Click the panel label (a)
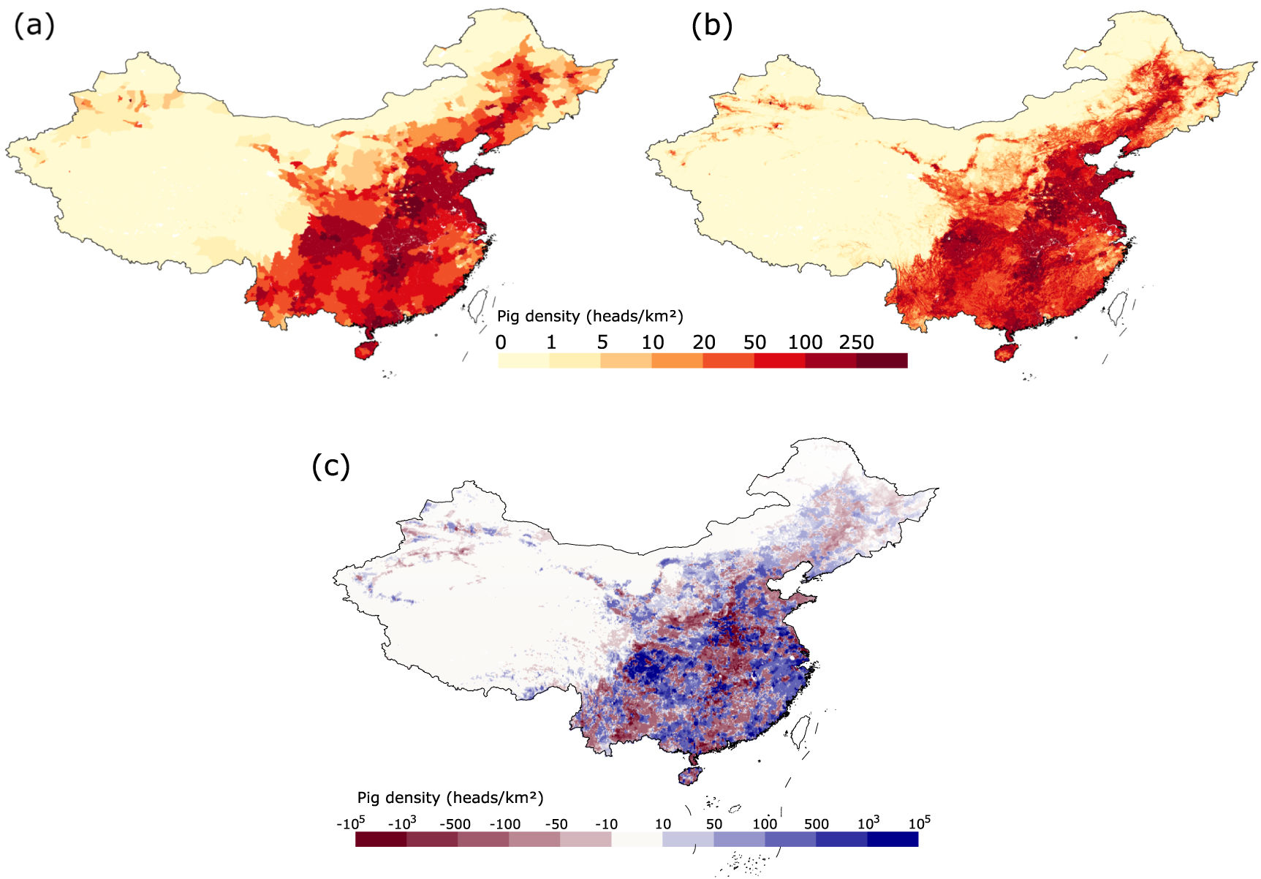34,26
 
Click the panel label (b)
711,26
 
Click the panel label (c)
331,466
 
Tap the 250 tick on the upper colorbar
856,342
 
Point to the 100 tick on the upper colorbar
805,342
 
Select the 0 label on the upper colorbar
501,342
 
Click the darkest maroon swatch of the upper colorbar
882,361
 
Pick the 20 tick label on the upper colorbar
703,342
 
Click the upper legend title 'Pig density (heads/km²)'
590,316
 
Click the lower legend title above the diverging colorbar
450,798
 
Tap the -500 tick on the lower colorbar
455,824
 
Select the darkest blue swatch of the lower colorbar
893,839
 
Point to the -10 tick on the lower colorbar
605,824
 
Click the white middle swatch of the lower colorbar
637,839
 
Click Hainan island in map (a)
364,350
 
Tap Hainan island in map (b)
1004,353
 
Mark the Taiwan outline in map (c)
802,731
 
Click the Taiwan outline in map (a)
479,305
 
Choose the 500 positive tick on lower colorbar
816,824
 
